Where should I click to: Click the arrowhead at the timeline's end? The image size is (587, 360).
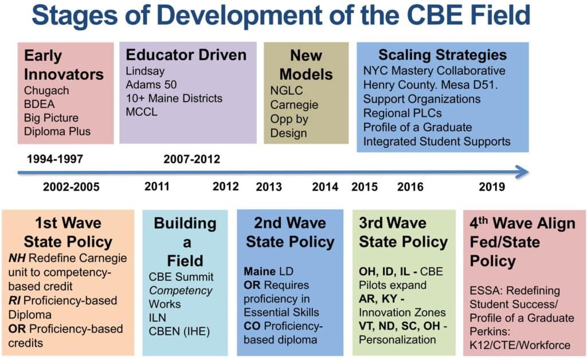click(523, 172)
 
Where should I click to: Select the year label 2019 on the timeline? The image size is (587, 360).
click(491, 187)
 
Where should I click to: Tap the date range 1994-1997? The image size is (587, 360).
click(55, 159)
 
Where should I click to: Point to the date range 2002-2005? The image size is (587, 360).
click(71, 187)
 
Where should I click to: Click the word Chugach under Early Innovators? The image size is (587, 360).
click(46, 91)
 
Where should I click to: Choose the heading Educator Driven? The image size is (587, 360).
click(186, 55)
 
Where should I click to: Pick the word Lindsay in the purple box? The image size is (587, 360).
click(145, 71)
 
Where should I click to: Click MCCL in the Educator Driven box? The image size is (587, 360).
click(142, 112)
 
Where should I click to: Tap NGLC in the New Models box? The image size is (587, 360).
click(287, 91)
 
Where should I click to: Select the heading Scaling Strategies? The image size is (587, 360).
click(443, 55)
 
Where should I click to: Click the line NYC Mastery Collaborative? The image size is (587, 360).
click(435, 71)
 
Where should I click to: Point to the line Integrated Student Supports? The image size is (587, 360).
click(437, 142)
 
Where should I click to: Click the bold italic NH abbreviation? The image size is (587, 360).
click(17, 258)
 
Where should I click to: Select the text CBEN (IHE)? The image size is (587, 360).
click(179, 331)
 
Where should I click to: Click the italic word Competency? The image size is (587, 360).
click(181, 291)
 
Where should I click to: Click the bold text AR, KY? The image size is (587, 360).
click(381, 299)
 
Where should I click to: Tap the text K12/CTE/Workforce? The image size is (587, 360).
click(520, 345)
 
